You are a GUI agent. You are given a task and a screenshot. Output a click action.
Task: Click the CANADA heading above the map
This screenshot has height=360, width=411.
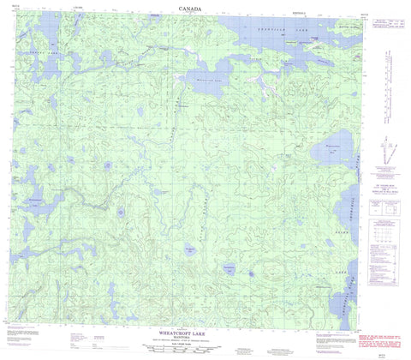[191, 9]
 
